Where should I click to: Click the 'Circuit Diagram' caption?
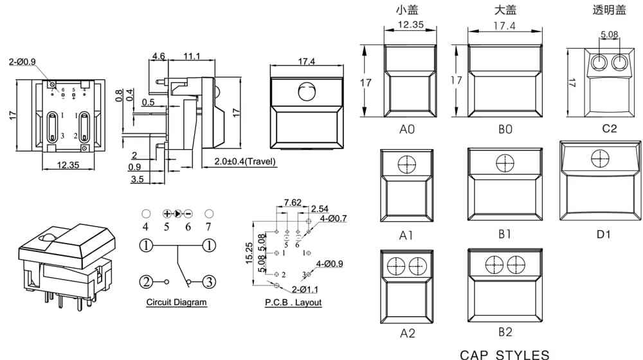pos(176,302)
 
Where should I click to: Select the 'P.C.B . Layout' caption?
pos(293,302)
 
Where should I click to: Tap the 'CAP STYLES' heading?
pos(504,355)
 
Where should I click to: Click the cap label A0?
pos(407,129)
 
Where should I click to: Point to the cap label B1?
pos(505,234)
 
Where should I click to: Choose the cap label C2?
pos(610,129)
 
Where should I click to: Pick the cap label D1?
pos(603,235)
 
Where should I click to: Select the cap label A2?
pos(407,334)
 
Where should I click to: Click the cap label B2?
pos(505,332)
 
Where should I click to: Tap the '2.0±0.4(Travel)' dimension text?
pos(245,161)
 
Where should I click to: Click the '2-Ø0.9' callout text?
pos(22,62)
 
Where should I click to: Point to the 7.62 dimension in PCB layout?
pos(293,203)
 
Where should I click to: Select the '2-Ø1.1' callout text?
pos(305,289)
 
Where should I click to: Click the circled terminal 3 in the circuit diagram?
pos(209,282)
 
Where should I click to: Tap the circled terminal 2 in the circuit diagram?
pos(147,282)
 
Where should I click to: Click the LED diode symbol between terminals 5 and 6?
pos(177,213)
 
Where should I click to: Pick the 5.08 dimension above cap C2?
pos(610,35)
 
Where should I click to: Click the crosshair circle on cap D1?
pos(600,158)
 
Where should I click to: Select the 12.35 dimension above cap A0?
pos(410,24)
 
